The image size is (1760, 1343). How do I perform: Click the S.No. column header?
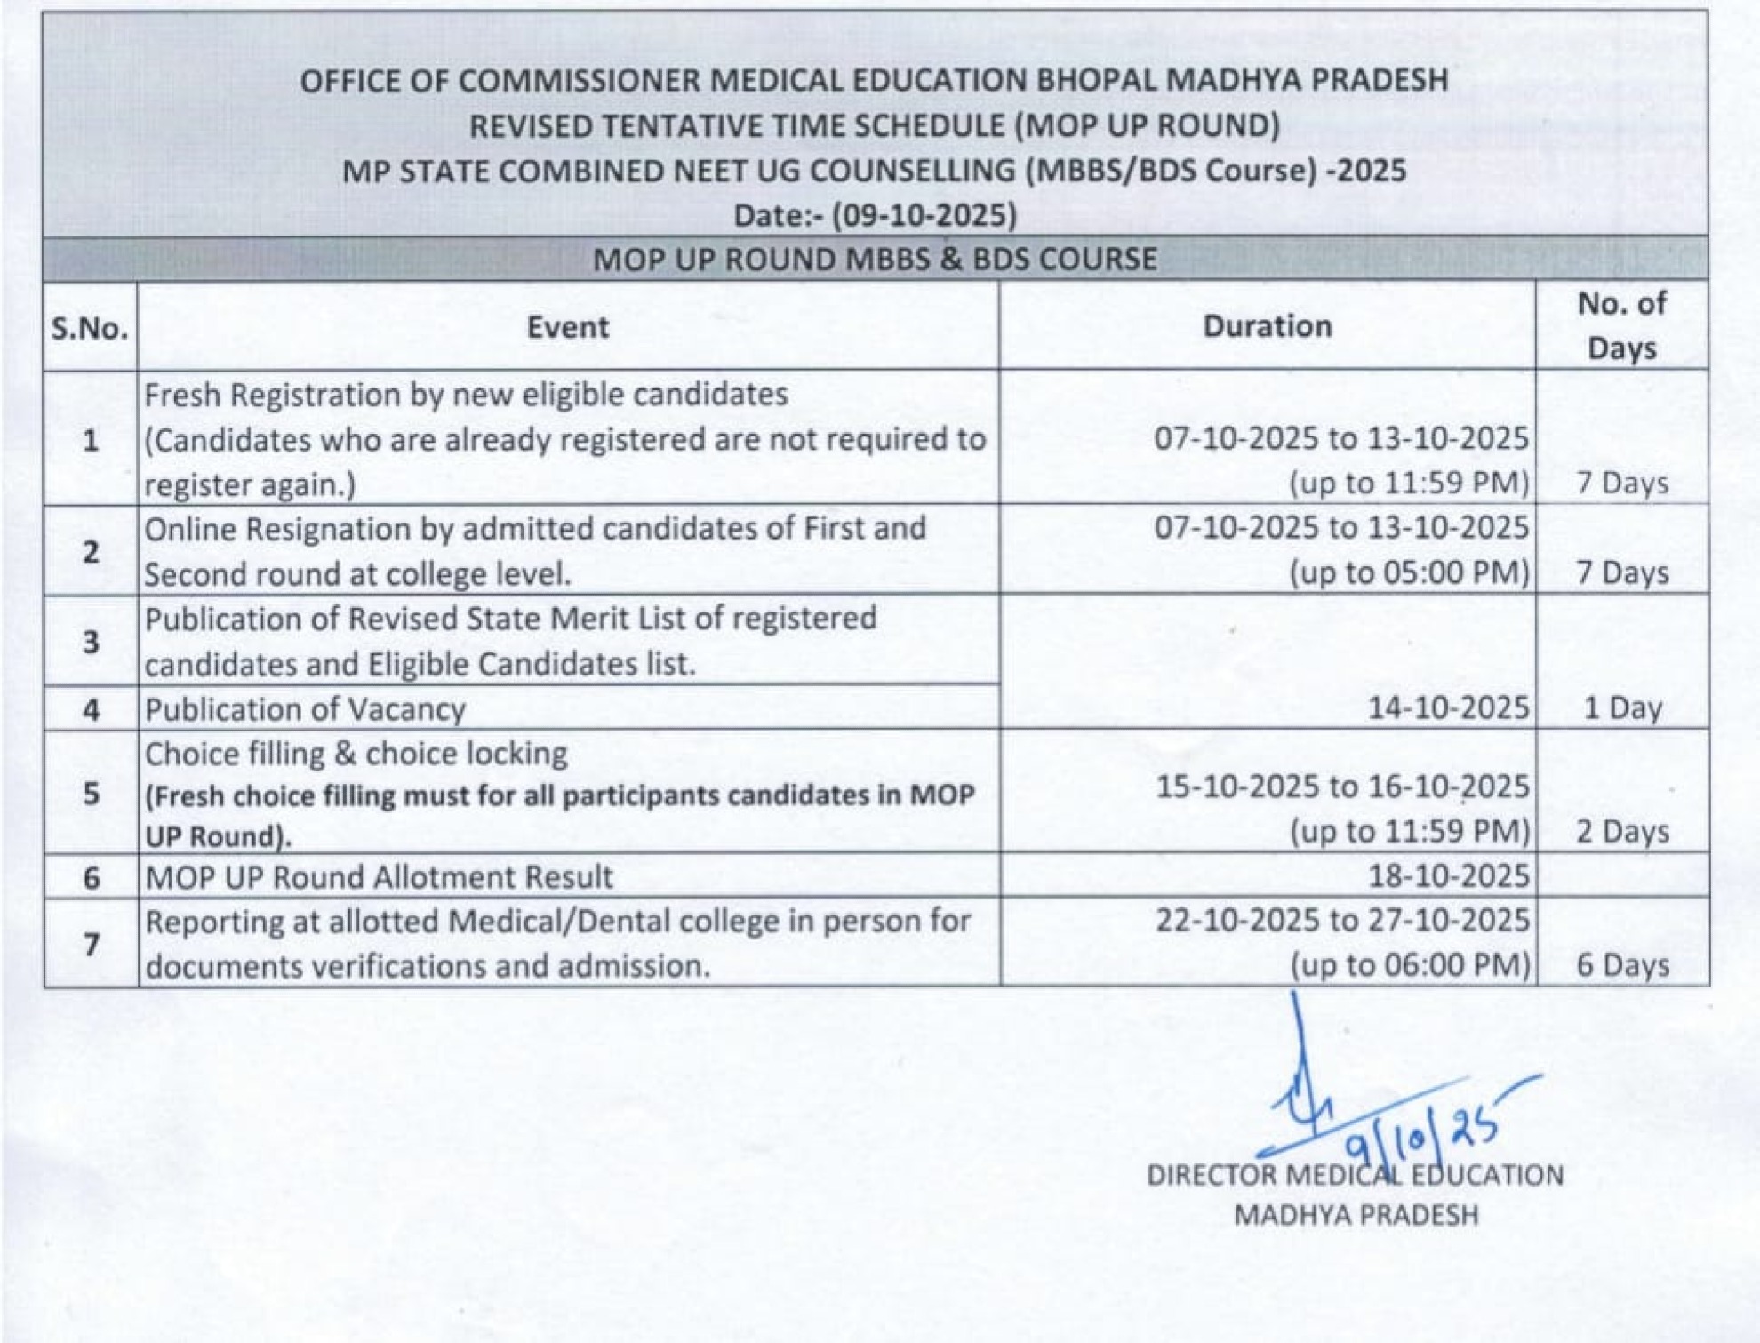[90, 328]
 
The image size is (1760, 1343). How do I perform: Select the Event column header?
[567, 327]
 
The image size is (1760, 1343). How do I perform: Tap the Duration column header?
[1267, 326]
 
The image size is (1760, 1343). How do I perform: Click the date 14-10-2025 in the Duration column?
[1447, 707]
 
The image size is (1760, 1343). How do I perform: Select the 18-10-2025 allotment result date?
[1447, 876]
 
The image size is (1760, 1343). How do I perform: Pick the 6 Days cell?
[1622, 965]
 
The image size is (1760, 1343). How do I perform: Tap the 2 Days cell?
[1622, 831]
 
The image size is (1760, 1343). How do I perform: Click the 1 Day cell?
[1622, 707]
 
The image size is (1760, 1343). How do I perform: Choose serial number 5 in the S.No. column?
[91, 793]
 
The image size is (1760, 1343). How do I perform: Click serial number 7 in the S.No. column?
[91, 943]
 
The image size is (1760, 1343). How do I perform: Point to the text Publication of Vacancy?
[305, 709]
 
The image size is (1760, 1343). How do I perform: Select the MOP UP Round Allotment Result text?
[379, 877]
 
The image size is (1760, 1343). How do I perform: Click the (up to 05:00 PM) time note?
[1410, 572]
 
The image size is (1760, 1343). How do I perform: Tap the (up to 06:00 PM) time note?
[1410, 965]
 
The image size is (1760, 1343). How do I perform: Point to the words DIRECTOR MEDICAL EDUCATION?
[1355, 1175]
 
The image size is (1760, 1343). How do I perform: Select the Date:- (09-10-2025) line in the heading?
[875, 215]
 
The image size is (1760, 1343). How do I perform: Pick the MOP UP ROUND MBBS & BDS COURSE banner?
[875, 260]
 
